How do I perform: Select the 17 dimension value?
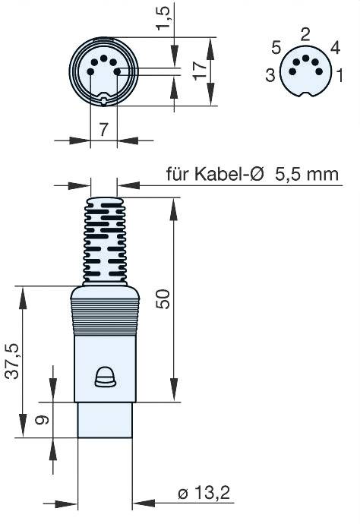pyautogui.click(x=200, y=71)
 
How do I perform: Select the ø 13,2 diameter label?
pyautogui.click(x=204, y=494)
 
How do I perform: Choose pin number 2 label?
pyautogui.click(x=305, y=33)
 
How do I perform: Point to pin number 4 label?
pyautogui.click(x=335, y=48)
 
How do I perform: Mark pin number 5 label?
pyautogui.click(x=276, y=48)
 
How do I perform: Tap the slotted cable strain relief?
pyautogui.click(x=104, y=239)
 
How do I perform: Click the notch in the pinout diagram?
pyautogui.click(x=305, y=96)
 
